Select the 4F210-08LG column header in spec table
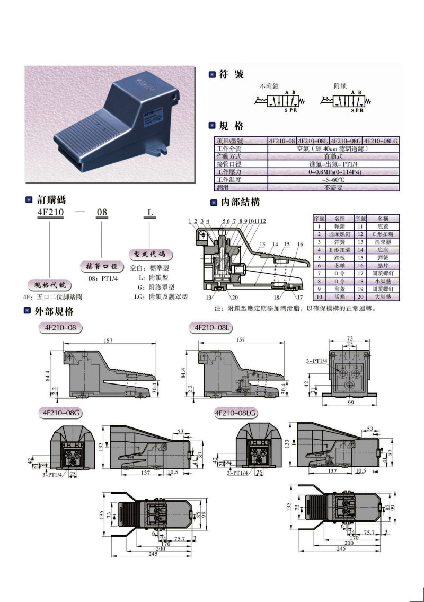pyautogui.click(x=381, y=141)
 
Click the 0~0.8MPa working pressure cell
pyautogui.click(x=334, y=172)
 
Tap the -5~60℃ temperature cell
pyautogui.click(x=334, y=180)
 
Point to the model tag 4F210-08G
pyautogui.click(x=58, y=412)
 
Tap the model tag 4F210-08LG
pyautogui.click(x=237, y=412)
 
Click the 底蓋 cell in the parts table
pyautogui.click(x=383, y=226)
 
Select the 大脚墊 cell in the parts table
pyautogui.click(x=383, y=298)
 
